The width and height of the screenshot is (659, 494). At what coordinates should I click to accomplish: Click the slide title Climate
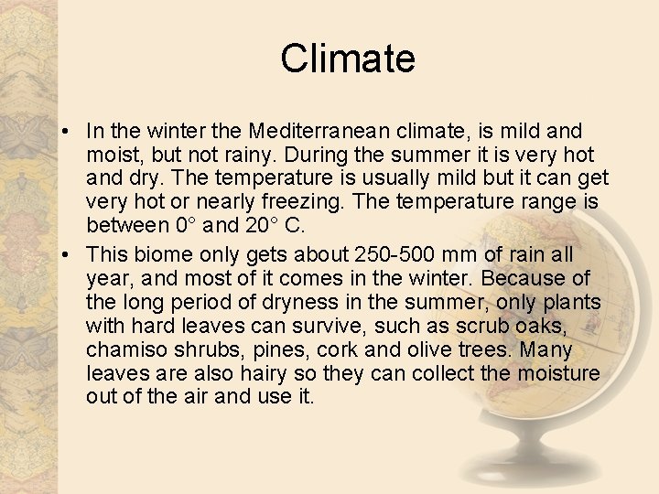pyautogui.click(x=348, y=59)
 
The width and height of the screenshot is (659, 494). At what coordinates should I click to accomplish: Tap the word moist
pyautogui.click(x=113, y=156)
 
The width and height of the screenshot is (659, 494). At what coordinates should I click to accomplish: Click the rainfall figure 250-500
pyautogui.click(x=387, y=254)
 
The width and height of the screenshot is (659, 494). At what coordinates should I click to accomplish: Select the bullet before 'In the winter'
pyautogui.click(x=71, y=133)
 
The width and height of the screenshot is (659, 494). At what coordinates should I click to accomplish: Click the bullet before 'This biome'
pyautogui.click(x=71, y=255)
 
